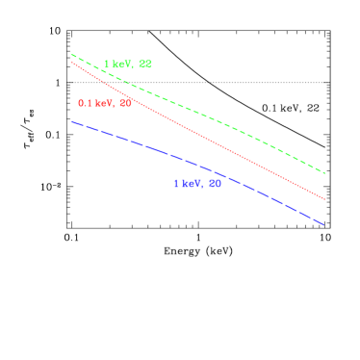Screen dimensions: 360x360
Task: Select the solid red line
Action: [197, 130]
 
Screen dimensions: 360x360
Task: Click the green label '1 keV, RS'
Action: [128, 64]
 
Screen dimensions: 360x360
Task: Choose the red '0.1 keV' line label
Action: [105, 103]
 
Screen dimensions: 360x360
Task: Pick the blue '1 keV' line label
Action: [197, 183]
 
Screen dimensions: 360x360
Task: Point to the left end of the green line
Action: [72, 55]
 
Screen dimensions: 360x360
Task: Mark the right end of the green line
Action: [324, 173]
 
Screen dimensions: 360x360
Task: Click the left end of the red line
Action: [72, 63]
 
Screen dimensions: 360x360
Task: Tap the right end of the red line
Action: [324, 199]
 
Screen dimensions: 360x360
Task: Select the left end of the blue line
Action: [72, 121]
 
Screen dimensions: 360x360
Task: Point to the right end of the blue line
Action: [324, 225]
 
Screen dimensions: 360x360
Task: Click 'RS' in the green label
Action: [145, 64]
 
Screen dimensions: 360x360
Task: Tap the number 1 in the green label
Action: [107, 64]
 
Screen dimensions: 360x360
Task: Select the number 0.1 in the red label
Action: [85, 103]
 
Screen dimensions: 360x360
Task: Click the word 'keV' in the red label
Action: [104, 103]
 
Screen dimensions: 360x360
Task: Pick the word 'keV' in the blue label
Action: [192, 183]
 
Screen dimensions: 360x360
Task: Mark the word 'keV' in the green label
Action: [122, 64]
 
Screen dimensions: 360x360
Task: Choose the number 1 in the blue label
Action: [176, 183]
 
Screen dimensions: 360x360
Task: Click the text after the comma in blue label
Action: [215, 183]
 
